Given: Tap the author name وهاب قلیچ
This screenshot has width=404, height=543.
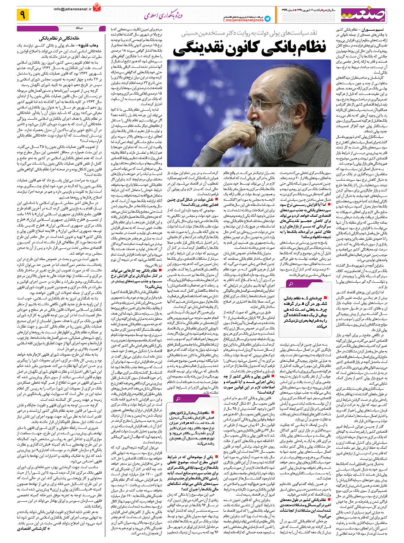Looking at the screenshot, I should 94,45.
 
